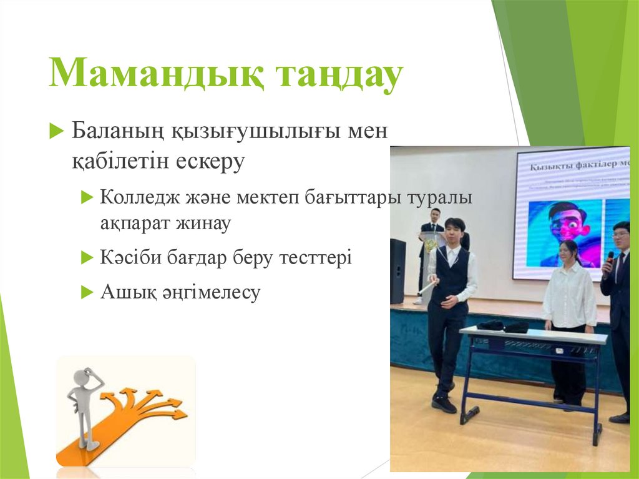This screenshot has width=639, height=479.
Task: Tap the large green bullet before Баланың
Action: (57, 132)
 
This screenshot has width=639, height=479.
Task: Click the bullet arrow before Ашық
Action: (87, 292)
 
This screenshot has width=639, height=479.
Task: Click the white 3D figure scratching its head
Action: (85, 406)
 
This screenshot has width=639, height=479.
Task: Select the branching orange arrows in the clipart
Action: (147, 403)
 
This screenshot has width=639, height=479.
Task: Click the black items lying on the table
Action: (502, 325)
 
